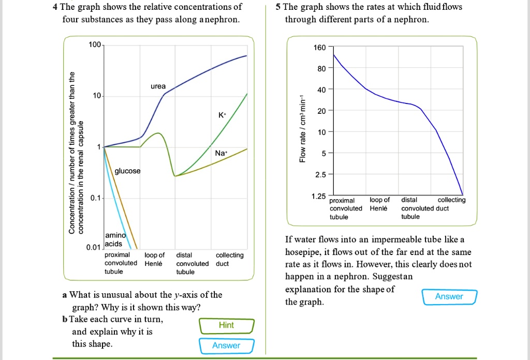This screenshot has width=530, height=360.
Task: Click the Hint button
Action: point(226,325)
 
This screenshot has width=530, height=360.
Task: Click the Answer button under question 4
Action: point(226,346)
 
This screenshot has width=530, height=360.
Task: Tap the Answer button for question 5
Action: point(449,296)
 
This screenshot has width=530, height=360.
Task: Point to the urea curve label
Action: point(158,86)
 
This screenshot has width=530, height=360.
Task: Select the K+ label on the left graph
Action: point(222,115)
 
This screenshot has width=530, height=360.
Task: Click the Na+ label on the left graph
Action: point(221,153)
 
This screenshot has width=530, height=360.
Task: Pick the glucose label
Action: point(127,171)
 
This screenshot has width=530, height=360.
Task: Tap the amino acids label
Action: point(114,239)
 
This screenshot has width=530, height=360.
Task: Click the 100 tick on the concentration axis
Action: point(95,46)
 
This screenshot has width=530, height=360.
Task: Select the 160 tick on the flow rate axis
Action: point(320,48)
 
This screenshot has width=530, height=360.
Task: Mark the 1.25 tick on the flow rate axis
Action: point(319,197)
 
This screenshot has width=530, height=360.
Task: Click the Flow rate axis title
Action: point(303,129)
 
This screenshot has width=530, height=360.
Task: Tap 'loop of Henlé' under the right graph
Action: point(379,204)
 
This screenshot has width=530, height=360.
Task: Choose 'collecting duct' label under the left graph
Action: point(229,259)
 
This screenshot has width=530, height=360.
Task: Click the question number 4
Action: point(55,7)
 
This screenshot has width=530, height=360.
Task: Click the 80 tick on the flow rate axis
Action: point(321,68)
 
